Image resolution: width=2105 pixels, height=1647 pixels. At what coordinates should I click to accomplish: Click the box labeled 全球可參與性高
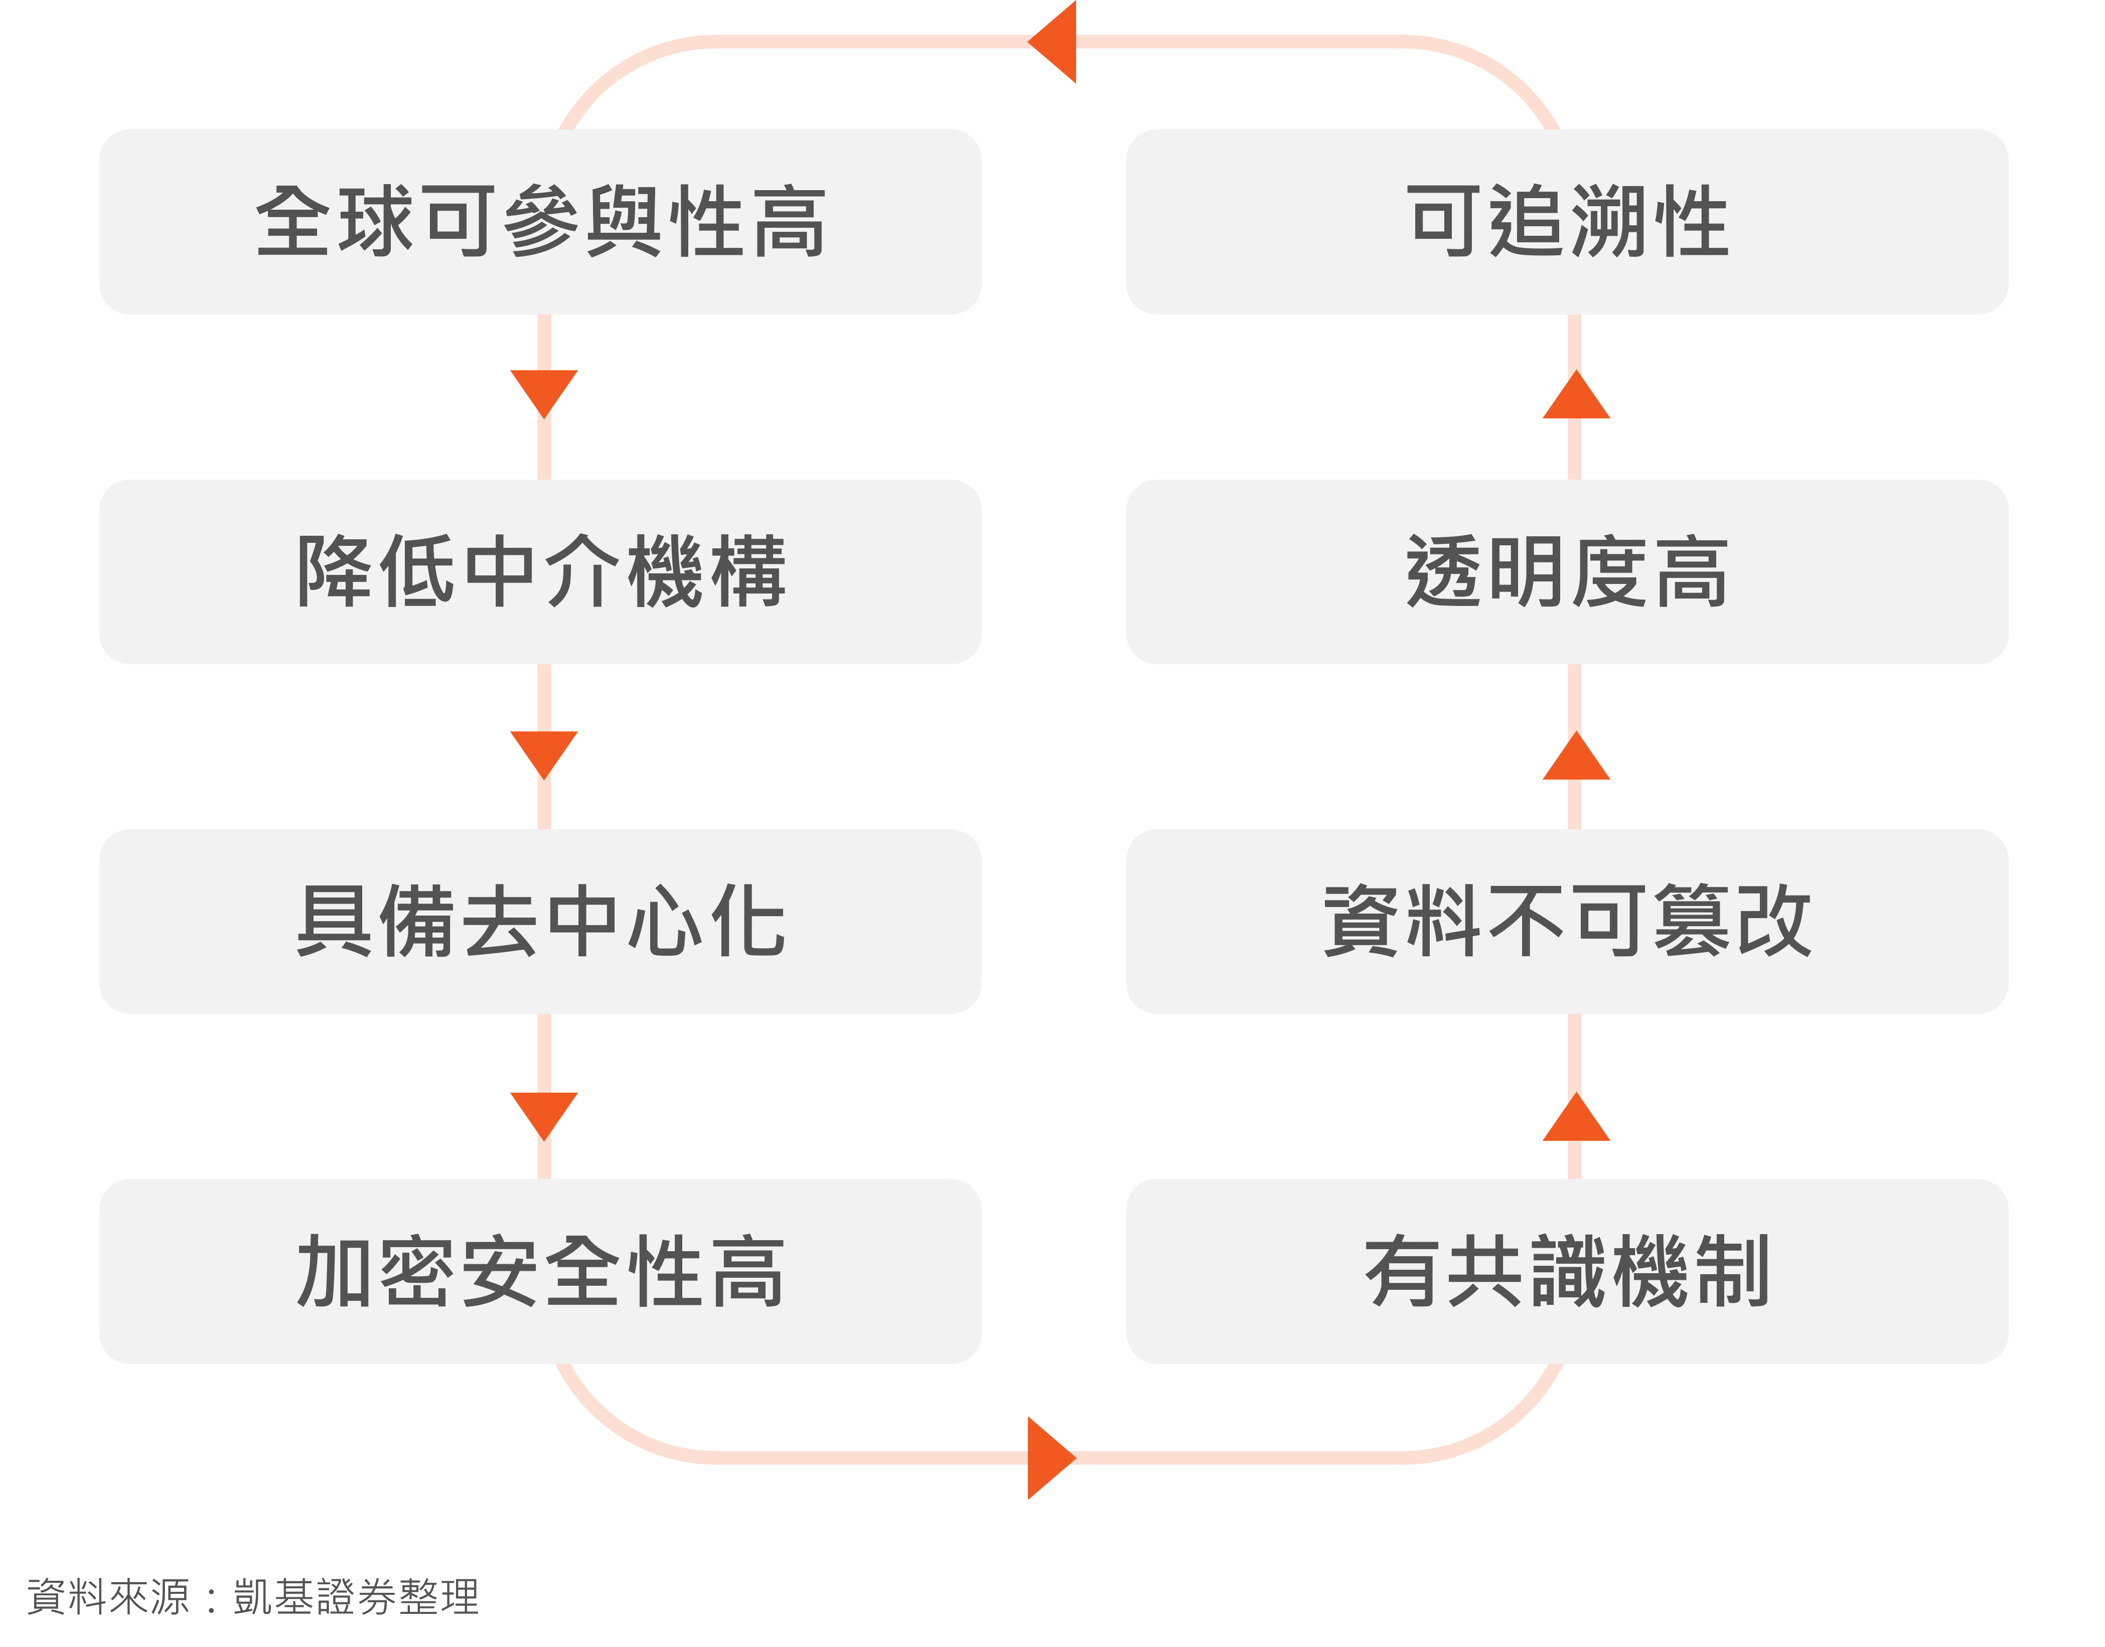tap(540, 222)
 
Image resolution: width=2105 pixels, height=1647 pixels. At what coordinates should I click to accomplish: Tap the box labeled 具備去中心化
tap(540, 921)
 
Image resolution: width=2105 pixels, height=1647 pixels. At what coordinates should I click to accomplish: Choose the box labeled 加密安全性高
tap(540, 1271)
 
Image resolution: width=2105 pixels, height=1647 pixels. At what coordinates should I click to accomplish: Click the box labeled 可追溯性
tap(1567, 222)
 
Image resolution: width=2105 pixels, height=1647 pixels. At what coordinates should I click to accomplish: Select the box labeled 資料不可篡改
tap(1567, 921)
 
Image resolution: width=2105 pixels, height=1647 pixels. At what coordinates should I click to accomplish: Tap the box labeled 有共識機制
tap(1567, 1271)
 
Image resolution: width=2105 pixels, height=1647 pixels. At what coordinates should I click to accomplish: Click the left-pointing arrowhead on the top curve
tap(1055, 42)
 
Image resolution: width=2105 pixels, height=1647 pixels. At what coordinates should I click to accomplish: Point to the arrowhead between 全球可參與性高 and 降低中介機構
tap(544, 390)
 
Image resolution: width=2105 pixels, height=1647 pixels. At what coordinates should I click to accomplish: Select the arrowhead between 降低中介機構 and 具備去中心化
tap(544, 751)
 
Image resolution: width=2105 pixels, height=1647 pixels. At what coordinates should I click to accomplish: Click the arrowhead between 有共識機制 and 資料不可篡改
tap(1576, 1121)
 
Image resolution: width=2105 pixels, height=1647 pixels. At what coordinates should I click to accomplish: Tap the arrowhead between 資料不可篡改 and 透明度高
tap(1576, 759)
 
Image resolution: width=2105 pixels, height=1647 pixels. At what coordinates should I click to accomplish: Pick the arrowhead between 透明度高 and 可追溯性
tap(1576, 397)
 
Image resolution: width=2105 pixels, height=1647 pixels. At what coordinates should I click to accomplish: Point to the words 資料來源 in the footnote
tap(108, 1597)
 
